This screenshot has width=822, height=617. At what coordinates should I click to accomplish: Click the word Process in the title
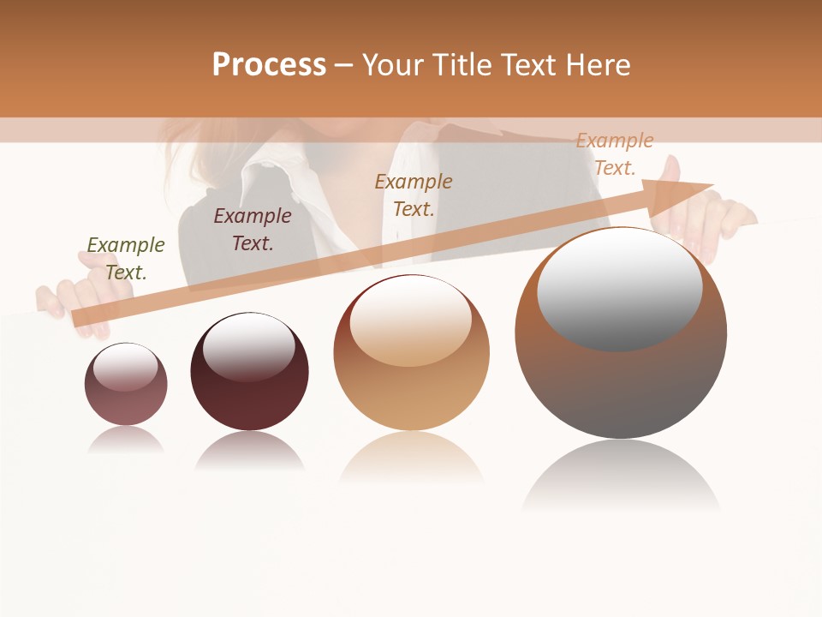(x=269, y=64)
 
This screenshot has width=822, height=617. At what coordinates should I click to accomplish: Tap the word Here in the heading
(x=597, y=64)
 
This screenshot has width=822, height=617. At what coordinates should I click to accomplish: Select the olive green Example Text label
(x=126, y=259)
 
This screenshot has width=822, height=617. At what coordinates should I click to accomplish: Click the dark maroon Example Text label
(x=253, y=230)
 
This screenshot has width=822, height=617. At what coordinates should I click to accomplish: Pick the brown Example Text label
(x=414, y=195)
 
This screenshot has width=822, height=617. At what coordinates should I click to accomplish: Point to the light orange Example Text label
(x=615, y=154)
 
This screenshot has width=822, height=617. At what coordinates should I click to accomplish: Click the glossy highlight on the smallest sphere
(x=125, y=367)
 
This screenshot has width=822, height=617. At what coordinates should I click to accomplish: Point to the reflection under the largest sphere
(x=621, y=476)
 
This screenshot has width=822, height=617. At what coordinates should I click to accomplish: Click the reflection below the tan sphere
(x=412, y=458)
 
